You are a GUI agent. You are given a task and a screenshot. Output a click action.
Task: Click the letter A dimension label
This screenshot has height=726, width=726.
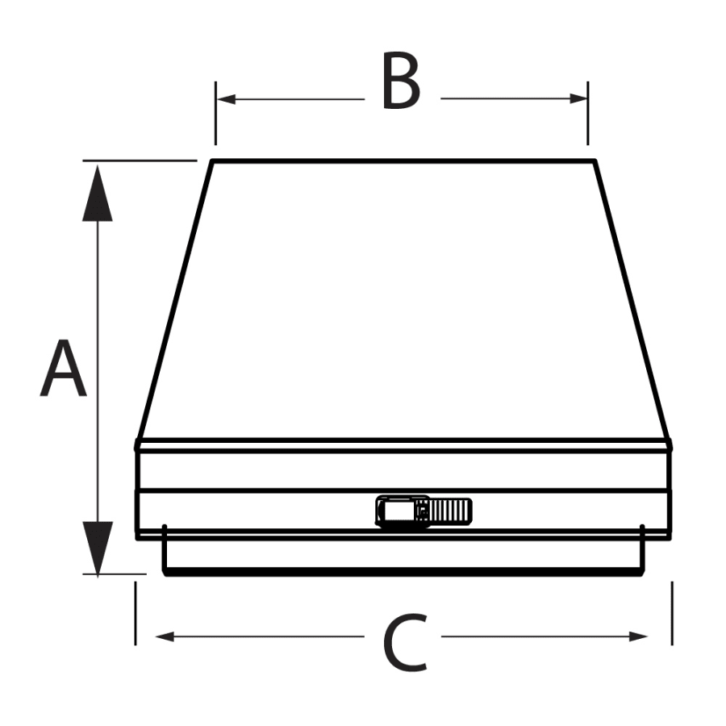click(63, 370)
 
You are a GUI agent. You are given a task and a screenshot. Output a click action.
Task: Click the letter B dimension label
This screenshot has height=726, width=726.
click(401, 82)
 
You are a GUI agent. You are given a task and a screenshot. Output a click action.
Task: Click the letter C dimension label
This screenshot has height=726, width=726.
click(403, 643)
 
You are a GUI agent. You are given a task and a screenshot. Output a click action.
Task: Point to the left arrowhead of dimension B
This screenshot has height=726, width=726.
click(227, 99)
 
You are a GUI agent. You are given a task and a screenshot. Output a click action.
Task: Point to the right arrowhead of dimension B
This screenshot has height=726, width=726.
click(578, 99)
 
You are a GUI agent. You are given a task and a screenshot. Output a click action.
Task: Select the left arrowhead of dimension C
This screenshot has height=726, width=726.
click(165, 636)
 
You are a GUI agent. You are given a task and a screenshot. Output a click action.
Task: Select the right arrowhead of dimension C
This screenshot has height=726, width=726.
click(639, 636)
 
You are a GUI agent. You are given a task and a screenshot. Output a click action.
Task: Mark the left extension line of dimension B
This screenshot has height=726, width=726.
click(215, 113)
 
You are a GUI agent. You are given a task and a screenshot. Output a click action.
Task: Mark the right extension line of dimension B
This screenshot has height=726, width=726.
click(588, 113)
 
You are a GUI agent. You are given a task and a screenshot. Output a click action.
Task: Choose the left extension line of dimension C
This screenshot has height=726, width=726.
click(136, 613)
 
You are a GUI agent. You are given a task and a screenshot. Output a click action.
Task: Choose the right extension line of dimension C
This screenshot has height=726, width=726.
click(672, 613)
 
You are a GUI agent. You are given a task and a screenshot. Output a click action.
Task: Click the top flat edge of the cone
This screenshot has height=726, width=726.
click(403, 161)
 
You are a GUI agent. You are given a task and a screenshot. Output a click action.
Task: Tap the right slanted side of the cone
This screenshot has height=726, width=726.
click(632, 298)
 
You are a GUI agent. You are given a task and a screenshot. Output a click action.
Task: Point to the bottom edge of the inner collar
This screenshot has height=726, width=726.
click(403, 574)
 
